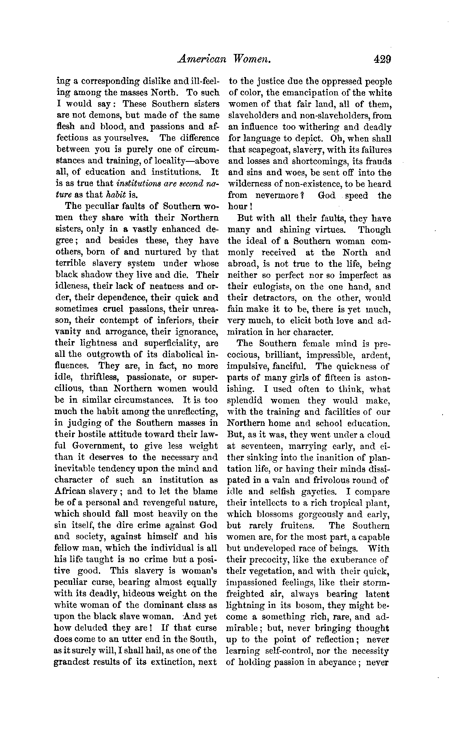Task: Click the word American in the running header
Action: click(201, 60)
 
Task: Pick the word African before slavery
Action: click(72, 492)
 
